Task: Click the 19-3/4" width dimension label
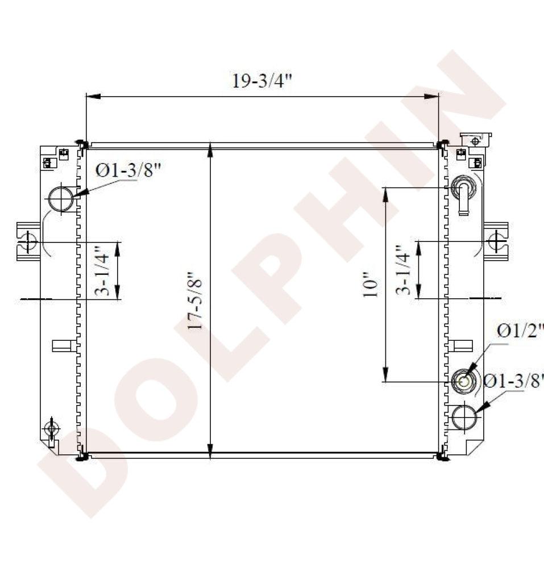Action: coord(262,81)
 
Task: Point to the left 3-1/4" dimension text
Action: coord(102,271)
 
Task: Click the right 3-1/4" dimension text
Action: coord(402,270)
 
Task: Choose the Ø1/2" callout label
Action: coord(521,331)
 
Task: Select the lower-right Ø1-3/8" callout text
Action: coord(514,381)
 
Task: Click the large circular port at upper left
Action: coord(61,198)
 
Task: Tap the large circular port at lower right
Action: coord(464,417)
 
